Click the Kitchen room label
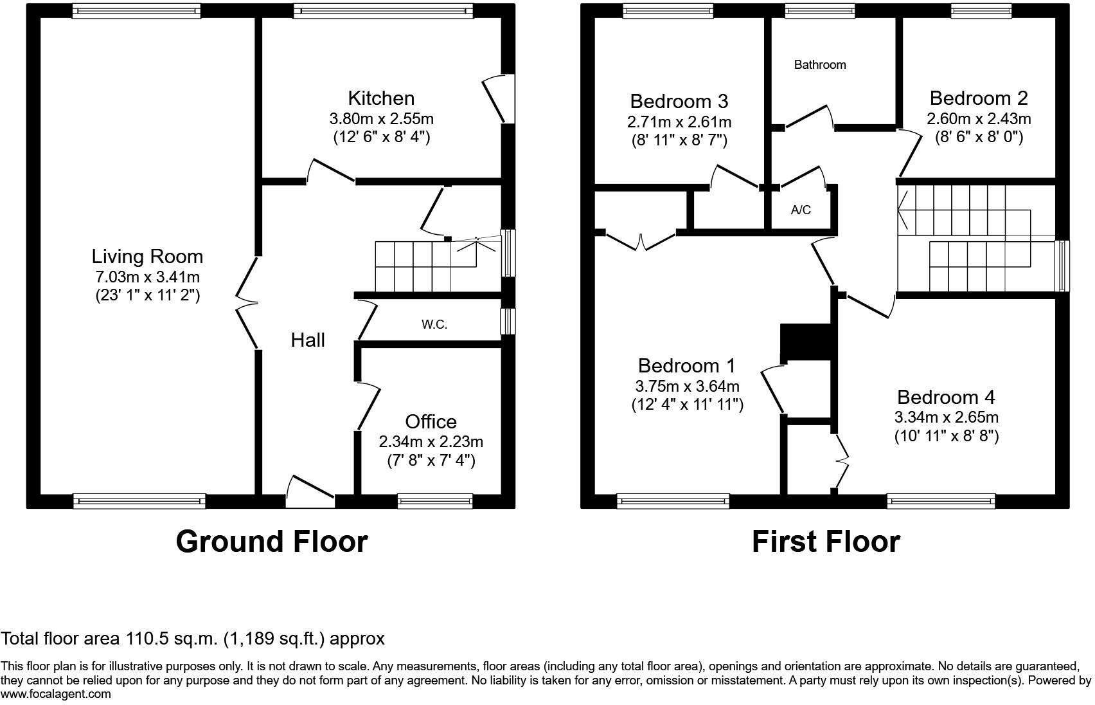click(381, 98)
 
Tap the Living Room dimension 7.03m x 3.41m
click(147, 277)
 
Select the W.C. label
click(434, 325)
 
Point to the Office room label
click(431, 422)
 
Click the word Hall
click(308, 340)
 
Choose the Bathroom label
click(819, 64)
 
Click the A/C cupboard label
click(801, 210)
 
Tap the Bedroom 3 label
click(679, 102)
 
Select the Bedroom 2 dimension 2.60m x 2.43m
click(978, 119)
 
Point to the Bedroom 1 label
click(686, 366)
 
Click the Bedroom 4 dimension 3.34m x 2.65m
click(946, 417)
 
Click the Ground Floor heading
click(271, 542)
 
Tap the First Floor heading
click(826, 542)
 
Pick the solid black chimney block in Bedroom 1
click(805, 342)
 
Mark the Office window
click(435, 501)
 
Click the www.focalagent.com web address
click(56, 694)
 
